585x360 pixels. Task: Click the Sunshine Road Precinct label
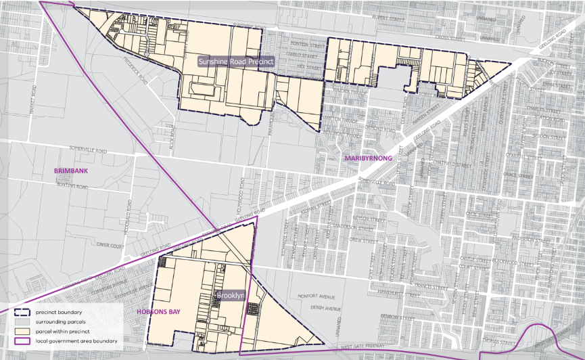236,61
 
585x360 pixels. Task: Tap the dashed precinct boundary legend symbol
24,312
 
